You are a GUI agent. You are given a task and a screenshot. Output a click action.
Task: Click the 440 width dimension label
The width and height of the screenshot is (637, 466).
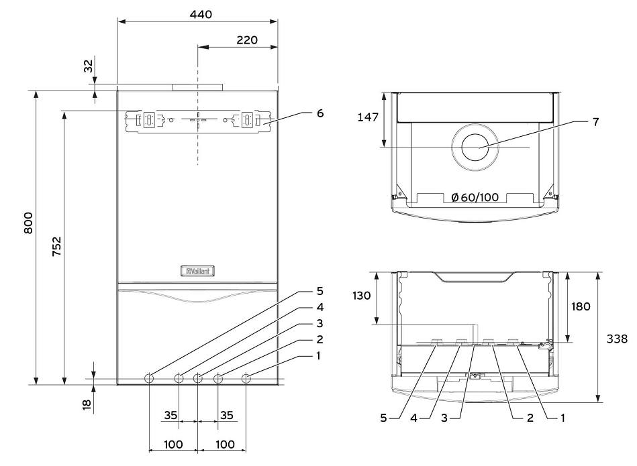201,15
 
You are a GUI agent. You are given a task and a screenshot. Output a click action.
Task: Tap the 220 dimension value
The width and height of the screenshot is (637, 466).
247,40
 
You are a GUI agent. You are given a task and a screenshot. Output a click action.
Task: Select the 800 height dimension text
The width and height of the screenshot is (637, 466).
28,223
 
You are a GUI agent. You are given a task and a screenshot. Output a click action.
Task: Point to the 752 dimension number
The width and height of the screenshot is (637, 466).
56,246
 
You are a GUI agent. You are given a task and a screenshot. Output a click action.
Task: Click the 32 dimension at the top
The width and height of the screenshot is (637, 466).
88,66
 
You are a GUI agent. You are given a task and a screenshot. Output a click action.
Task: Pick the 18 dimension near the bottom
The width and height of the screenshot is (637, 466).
87,404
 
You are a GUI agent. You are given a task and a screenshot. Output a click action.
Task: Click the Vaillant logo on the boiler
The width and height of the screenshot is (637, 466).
198,271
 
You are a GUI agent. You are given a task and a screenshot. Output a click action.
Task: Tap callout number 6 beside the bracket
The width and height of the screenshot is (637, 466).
320,113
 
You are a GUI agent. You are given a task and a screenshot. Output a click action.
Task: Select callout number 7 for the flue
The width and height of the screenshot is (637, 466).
595,122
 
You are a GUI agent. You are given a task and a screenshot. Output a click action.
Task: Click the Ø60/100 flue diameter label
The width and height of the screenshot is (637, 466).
475,197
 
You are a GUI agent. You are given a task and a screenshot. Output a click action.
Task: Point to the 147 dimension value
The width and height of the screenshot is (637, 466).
368,117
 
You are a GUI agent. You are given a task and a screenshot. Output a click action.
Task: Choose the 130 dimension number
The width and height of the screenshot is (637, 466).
362,296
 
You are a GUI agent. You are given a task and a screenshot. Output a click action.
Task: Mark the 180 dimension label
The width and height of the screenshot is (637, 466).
581,306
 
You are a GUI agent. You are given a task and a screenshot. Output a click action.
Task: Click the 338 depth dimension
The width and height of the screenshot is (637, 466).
617,339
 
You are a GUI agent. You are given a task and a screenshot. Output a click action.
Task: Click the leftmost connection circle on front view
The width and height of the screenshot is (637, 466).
149,379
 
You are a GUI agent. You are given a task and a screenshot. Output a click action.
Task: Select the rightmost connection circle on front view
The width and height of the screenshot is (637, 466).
246,379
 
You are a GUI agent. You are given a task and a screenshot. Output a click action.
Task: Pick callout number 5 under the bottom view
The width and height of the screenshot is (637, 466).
383,418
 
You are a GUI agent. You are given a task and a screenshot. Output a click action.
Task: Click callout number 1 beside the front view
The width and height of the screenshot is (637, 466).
318,355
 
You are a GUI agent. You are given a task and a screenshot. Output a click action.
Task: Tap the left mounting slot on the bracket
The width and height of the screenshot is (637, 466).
150,119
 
